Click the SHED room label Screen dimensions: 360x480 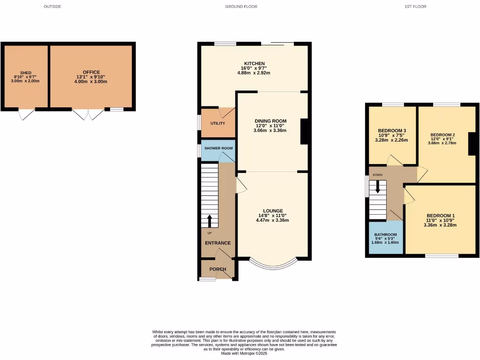(x=25, y=73)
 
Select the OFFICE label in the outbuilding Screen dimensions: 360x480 (x=91, y=72)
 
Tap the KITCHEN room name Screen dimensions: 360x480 (x=254, y=64)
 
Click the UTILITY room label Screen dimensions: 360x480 (x=217, y=123)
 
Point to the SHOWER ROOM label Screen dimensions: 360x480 (x=218, y=148)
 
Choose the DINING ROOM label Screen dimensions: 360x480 (x=270, y=121)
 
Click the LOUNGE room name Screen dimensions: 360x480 (x=272, y=211)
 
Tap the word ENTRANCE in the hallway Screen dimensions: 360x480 (x=217, y=243)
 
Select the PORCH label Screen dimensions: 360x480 (x=217, y=269)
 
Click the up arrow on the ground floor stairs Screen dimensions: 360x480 (x=209, y=220)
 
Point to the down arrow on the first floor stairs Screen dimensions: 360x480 (x=377, y=187)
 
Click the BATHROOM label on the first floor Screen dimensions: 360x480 (x=385, y=235)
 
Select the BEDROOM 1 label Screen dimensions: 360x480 (x=440, y=216)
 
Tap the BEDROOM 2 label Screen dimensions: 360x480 (x=443, y=134)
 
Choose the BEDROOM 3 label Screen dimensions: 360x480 (x=391, y=131)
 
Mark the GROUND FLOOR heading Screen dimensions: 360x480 (x=241, y=7)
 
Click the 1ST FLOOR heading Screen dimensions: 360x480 (x=415, y=7)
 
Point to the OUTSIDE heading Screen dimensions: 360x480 (x=52, y=7)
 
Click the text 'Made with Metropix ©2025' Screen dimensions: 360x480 (x=244, y=353)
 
